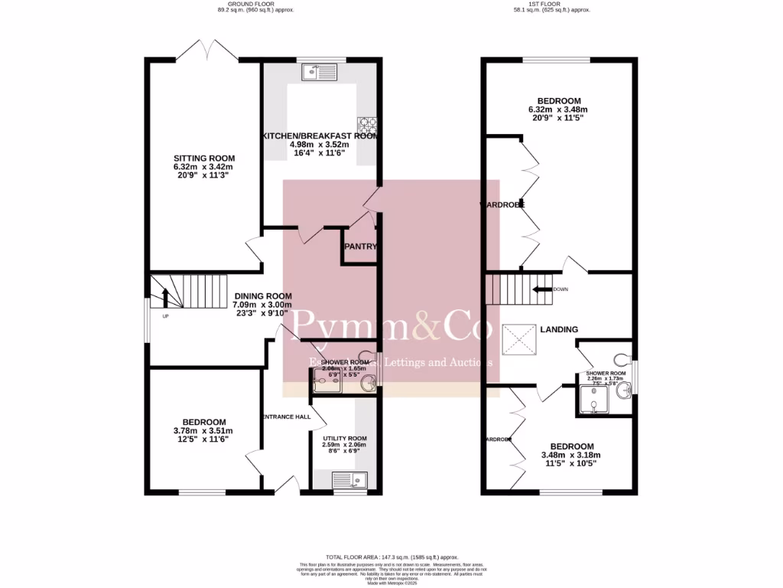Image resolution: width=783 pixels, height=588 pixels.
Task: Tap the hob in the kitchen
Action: pos(363,124)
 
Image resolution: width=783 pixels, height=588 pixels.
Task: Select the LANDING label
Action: pos(558,329)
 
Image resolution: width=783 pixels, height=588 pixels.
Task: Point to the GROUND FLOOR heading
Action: pos(255,4)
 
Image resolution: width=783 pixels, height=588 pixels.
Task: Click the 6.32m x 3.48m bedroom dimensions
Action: pos(558,109)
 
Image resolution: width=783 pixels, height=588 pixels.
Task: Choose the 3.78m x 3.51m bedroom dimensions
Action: pos(203,431)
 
